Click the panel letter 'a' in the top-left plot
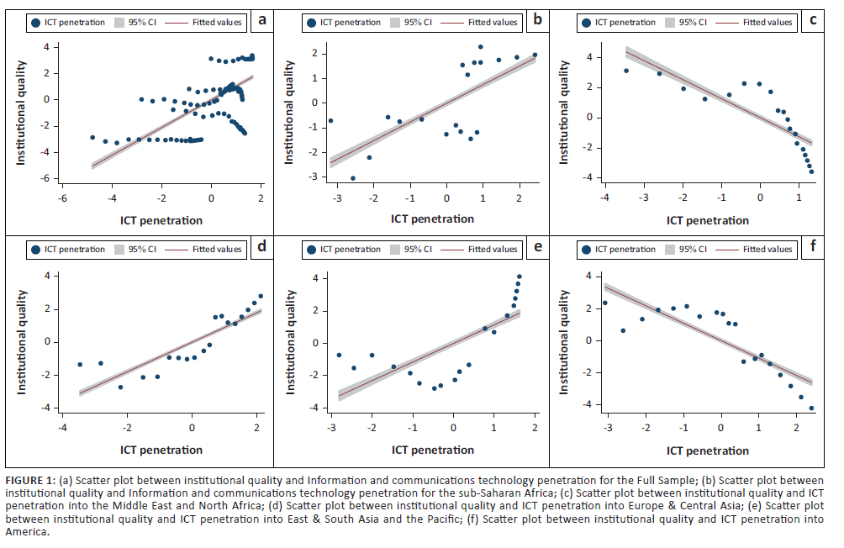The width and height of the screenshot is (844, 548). point(262,21)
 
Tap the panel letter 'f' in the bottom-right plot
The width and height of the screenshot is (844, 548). point(812,248)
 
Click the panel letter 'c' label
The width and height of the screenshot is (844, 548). point(812,21)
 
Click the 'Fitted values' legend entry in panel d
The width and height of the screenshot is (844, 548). point(217,249)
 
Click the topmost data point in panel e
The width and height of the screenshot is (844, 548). point(520,277)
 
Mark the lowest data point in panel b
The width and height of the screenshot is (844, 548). point(353,178)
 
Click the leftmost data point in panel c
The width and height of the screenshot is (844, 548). point(626,71)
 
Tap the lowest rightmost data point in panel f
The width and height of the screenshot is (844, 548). point(811,408)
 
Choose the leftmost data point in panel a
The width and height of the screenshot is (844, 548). point(92,137)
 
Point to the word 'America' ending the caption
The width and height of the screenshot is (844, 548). point(25,532)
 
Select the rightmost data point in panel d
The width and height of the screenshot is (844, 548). point(261,296)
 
